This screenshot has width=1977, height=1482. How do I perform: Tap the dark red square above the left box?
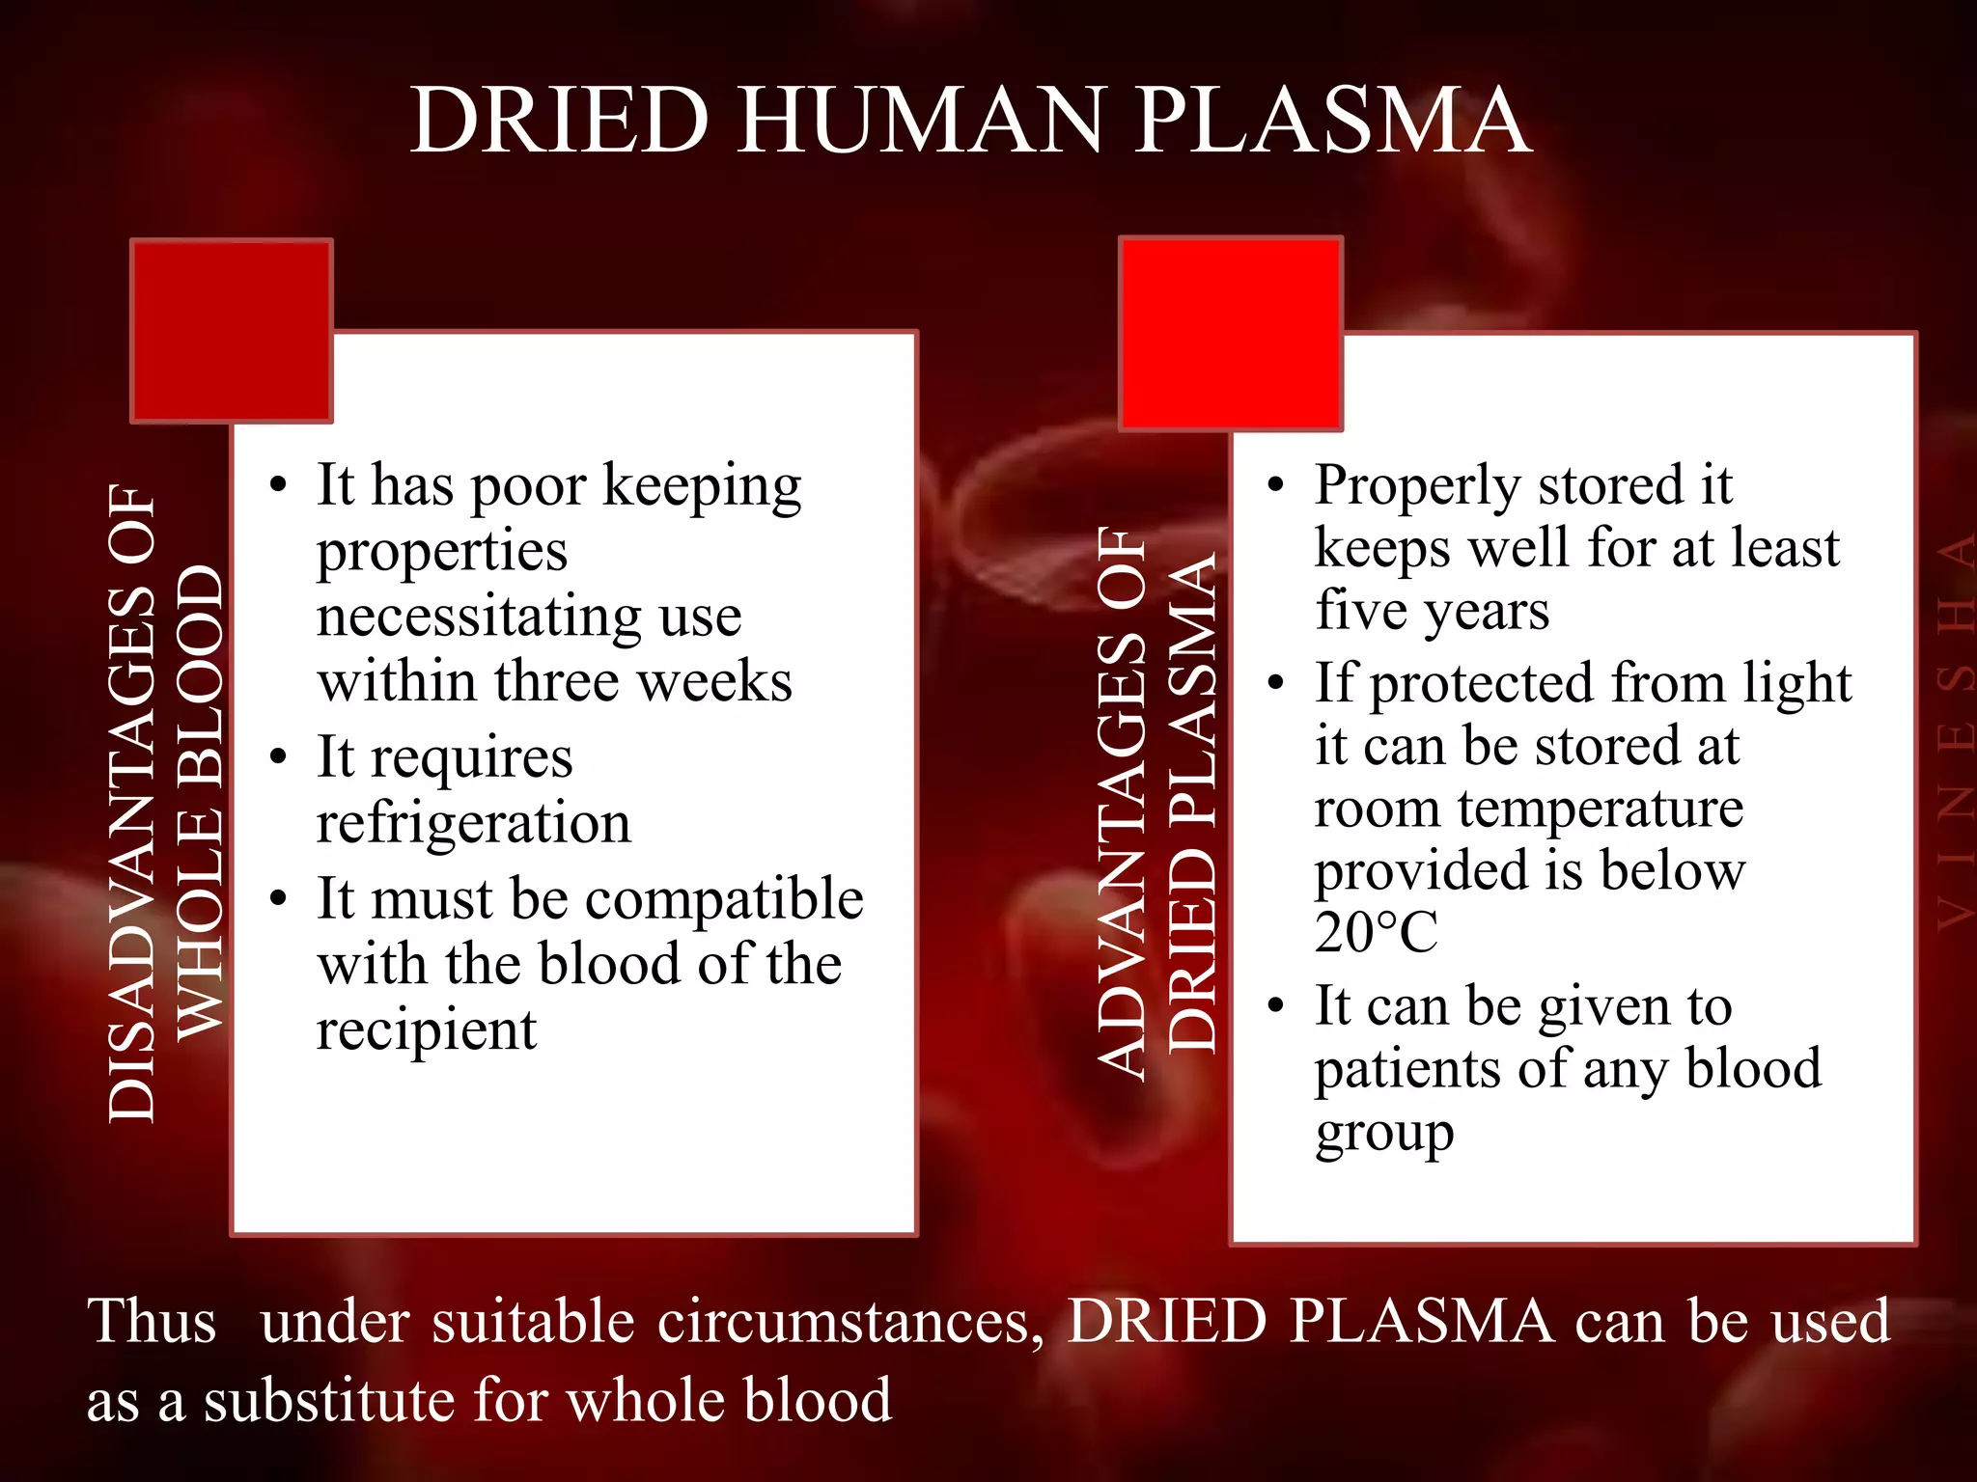point(232,330)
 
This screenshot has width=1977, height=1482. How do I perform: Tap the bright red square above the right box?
point(1231,333)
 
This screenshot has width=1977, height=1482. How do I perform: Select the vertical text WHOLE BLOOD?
point(201,801)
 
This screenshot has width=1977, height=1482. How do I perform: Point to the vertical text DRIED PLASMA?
point(1191,801)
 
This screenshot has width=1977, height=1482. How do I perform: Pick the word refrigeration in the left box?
point(473,823)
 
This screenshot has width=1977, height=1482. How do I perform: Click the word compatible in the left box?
point(724,899)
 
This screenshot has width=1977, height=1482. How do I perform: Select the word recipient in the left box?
point(426,1030)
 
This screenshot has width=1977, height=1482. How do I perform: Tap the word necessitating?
point(479,617)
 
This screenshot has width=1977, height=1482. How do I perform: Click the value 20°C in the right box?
point(1375,932)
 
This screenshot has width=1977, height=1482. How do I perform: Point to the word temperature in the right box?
point(1600,809)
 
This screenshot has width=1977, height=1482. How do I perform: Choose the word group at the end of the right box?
point(1383,1134)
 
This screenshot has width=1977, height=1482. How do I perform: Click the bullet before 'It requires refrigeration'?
point(279,755)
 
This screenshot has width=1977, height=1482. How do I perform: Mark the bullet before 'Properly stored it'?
point(1275,484)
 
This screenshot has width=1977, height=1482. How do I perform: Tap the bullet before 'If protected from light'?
point(1275,683)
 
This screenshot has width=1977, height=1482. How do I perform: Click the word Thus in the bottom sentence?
point(152,1321)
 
